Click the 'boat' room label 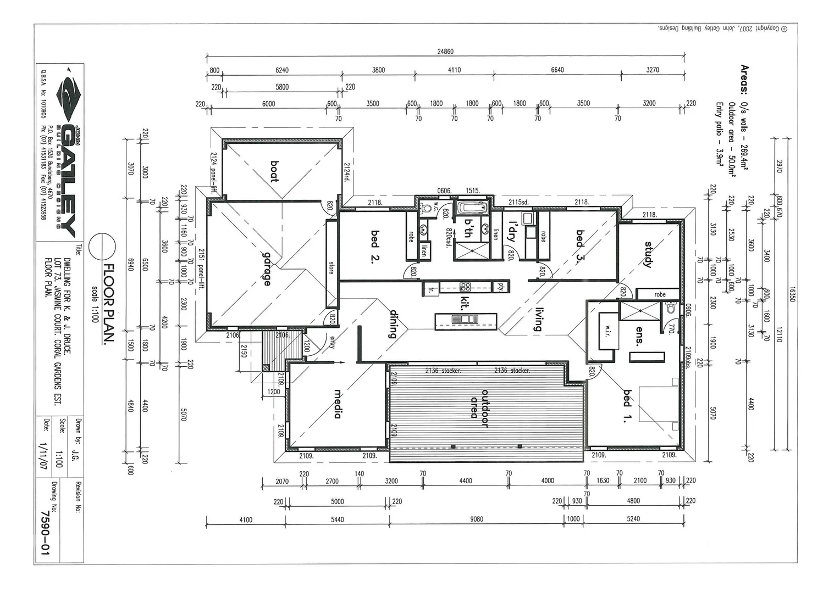pos(274,171)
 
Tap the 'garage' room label pos(267,269)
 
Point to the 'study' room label pos(648,255)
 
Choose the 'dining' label pos(394,324)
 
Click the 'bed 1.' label pos(627,398)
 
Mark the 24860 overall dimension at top pos(445,52)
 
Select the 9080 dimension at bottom pos(477,519)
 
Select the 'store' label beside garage pos(331,267)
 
